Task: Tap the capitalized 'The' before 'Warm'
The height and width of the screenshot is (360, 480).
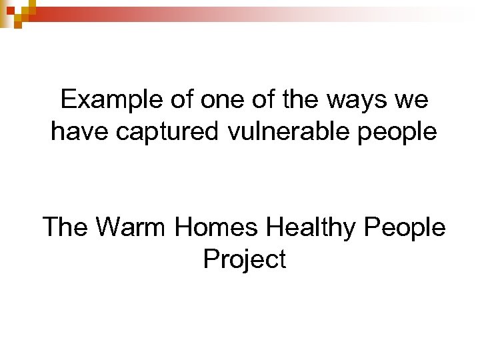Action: [x=65, y=227]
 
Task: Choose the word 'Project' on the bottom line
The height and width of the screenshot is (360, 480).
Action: [x=244, y=259]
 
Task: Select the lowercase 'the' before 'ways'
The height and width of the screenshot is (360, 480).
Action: [x=303, y=101]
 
